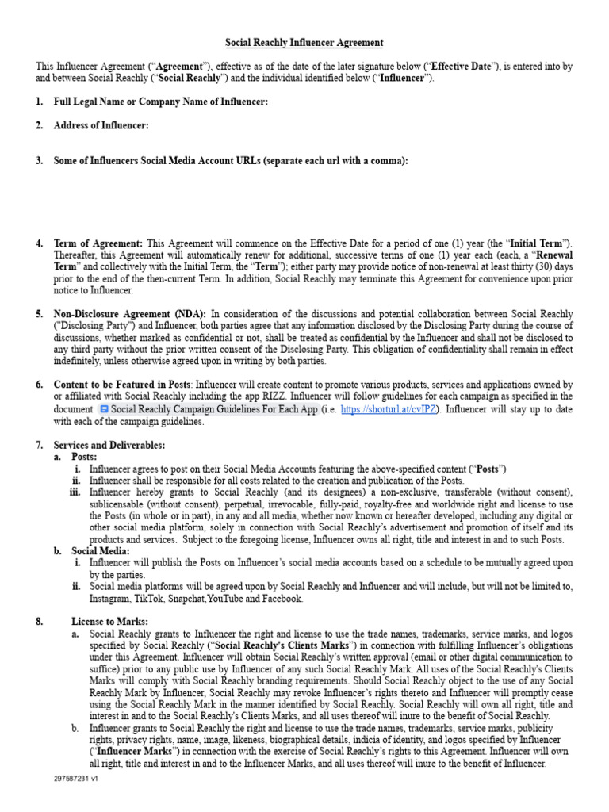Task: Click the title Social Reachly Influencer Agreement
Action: tap(304, 43)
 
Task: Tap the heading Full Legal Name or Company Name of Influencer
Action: tap(160, 101)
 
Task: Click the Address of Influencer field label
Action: tap(101, 125)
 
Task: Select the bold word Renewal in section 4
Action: tap(553, 255)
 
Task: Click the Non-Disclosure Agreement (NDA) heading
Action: tap(130, 314)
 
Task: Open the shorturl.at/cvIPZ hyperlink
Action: tap(389, 409)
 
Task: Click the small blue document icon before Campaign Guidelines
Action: tap(104, 409)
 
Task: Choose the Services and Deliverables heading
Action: tap(109, 445)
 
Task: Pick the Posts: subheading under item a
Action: tap(84, 457)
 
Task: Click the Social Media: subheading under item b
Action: tap(101, 551)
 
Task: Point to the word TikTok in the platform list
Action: tap(151, 599)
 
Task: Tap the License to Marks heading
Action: tap(109, 622)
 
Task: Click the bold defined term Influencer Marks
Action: tap(132, 751)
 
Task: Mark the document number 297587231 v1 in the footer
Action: tap(70, 779)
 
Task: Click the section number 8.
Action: tap(40, 622)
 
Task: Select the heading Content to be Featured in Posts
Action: tap(121, 385)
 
